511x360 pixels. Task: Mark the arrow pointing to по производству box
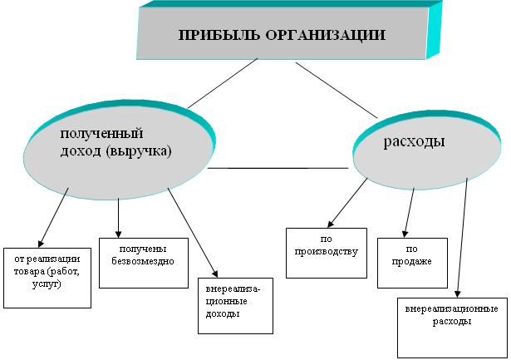(349, 201)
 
